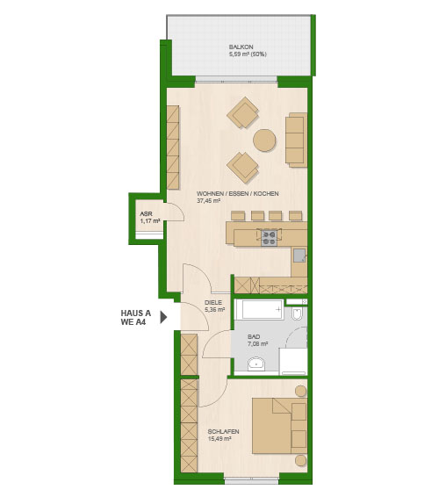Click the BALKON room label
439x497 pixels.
click(241, 47)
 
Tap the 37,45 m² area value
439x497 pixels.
click(208, 200)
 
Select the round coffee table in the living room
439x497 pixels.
click(264, 140)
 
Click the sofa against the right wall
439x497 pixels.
click(297, 140)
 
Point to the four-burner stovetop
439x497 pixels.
click(269, 238)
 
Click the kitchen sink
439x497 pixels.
click(299, 256)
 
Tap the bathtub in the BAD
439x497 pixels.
click(259, 309)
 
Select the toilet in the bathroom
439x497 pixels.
click(298, 313)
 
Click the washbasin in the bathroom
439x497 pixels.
click(256, 364)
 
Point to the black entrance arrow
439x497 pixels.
click(163, 317)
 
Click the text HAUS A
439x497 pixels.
click(136, 313)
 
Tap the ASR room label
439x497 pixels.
click(146, 214)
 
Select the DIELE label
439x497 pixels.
click(213, 303)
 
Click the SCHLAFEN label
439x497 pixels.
click(224, 432)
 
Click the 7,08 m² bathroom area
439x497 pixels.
click(258, 343)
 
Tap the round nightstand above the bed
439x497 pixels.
click(301, 391)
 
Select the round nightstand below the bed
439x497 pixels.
click(301, 460)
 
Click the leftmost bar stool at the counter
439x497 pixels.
click(238, 216)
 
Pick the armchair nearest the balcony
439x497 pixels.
click(243, 112)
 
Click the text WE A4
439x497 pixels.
click(133, 322)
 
